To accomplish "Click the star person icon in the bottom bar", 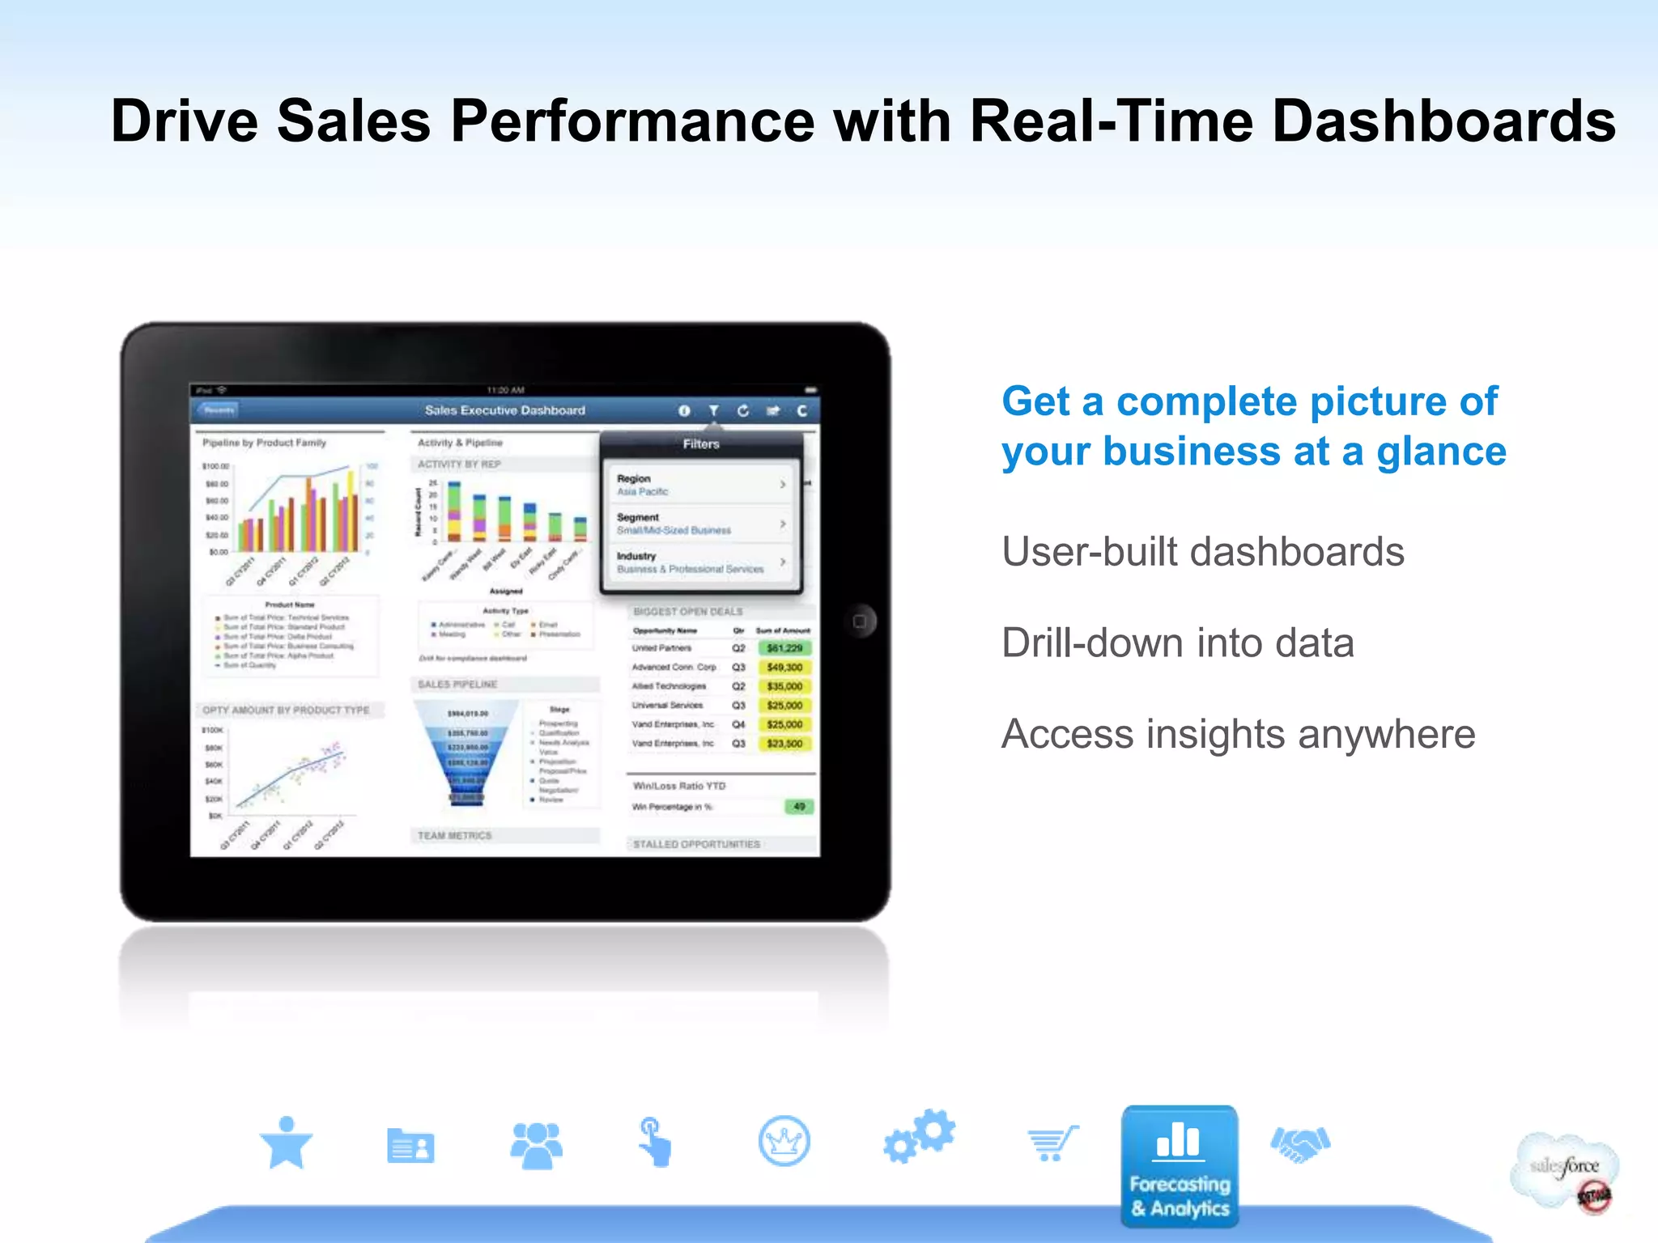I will (x=286, y=1143).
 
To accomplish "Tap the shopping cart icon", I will (x=1052, y=1143).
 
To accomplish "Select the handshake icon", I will (x=1300, y=1143).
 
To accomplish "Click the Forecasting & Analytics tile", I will (x=1180, y=1166).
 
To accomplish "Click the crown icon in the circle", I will (x=784, y=1141).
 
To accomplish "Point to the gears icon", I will (x=920, y=1137).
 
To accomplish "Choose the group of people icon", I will (x=536, y=1144).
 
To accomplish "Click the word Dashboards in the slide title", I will (x=1443, y=121).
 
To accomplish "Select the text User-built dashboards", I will (x=1202, y=552).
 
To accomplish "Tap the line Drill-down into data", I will (x=1177, y=643).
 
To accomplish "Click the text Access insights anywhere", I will (x=1238, y=735).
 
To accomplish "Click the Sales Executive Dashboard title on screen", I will (x=505, y=410).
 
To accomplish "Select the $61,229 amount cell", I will (x=784, y=648).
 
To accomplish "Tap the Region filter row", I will (x=701, y=485).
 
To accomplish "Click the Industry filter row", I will (x=701, y=562).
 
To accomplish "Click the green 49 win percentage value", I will (x=799, y=807).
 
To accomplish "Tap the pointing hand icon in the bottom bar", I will (x=655, y=1142).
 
